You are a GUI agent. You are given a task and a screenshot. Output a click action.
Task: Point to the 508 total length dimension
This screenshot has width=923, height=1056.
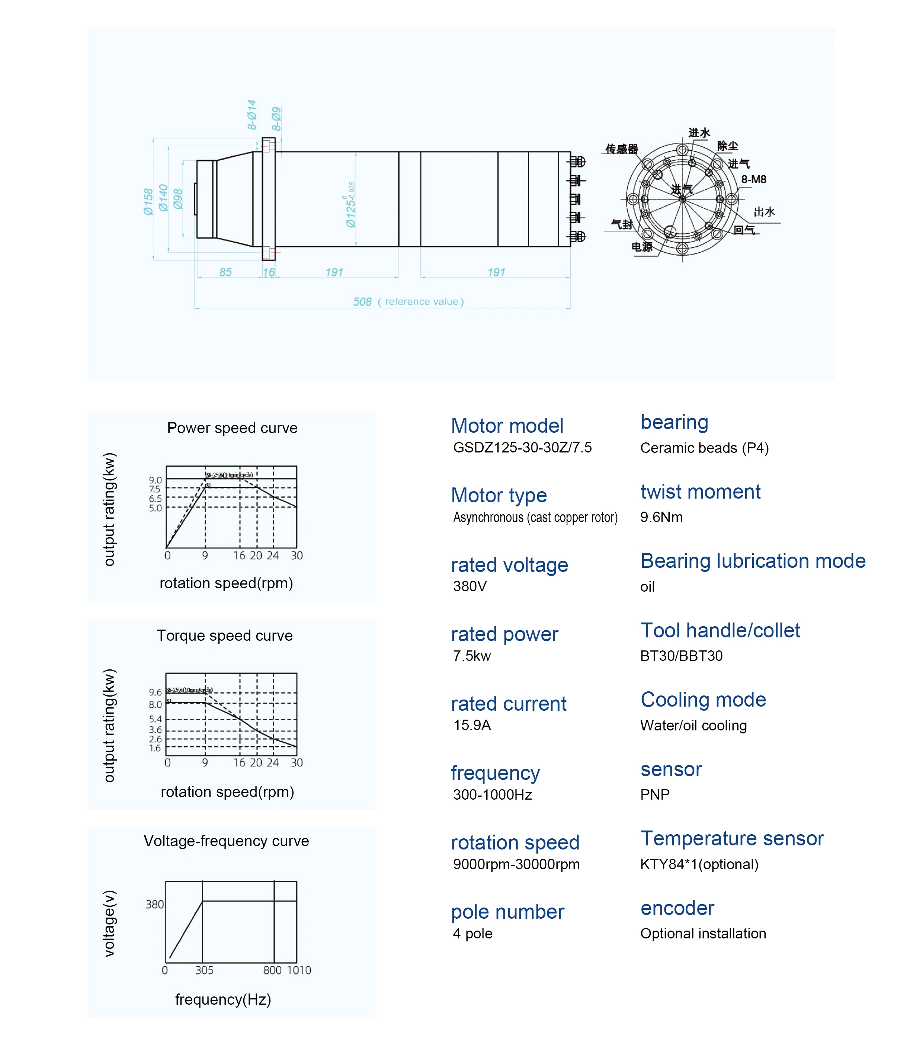click(x=362, y=302)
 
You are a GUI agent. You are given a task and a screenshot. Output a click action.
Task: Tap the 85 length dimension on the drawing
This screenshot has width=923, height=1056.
click(x=225, y=272)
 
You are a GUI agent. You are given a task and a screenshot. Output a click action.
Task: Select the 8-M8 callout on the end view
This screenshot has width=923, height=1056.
click(x=754, y=179)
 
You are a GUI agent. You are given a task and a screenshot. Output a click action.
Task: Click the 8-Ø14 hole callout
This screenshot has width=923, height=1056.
click(x=251, y=115)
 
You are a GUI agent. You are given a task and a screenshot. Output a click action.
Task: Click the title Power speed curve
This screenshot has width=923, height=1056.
click(x=232, y=428)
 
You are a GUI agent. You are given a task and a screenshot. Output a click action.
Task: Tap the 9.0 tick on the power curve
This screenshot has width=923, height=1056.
click(x=155, y=480)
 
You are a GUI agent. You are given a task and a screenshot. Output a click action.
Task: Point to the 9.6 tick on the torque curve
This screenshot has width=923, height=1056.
click(x=155, y=692)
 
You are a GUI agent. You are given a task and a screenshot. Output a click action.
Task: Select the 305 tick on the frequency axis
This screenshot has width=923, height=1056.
click(x=204, y=970)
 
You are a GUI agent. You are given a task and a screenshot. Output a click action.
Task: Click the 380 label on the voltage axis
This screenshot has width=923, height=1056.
click(x=154, y=905)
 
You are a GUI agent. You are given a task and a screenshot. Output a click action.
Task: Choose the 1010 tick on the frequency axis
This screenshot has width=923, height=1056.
click(x=299, y=970)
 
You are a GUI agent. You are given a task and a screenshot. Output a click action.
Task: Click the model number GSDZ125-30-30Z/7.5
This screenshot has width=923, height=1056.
click(x=522, y=448)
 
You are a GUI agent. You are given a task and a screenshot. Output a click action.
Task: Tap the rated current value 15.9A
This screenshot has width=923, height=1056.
click(x=472, y=725)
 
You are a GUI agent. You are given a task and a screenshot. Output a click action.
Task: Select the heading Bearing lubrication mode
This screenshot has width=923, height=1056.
click(x=753, y=561)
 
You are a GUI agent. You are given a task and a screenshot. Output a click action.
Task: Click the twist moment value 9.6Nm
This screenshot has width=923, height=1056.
click(x=661, y=517)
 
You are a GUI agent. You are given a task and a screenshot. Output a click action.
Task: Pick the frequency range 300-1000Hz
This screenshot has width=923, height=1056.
click(x=493, y=795)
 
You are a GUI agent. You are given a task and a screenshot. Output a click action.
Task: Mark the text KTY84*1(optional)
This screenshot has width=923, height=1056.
click(x=699, y=864)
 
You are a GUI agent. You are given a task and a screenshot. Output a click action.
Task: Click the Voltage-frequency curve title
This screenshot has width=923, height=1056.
click(x=226, y=841)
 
